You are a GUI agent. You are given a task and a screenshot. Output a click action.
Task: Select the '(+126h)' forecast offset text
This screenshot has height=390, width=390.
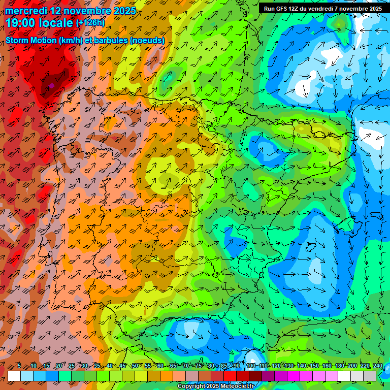(x=90, y=23)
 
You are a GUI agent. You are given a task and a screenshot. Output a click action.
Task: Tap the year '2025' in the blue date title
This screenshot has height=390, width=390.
(x=124, y=11)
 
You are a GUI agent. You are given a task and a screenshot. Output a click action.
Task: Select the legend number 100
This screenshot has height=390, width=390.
(x=250, y=366)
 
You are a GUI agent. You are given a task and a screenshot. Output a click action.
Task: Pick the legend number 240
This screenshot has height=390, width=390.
(x=377, y=366)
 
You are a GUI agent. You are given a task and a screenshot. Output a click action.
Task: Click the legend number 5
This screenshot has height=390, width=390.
(x=19, y=366)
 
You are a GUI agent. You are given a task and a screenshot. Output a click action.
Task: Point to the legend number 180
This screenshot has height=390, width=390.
(x=339, y=366)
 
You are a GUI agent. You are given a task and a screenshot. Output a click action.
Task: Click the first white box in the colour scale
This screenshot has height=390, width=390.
(x=14, y=376)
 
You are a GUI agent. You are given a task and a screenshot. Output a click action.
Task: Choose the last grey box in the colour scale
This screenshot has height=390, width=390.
(x=370, y=376)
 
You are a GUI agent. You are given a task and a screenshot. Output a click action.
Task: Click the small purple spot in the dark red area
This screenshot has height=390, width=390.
(x=51, y=86)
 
